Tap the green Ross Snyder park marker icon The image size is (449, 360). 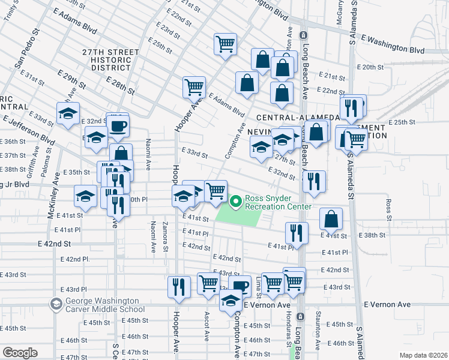tap(236, 202)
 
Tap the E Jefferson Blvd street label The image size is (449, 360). tap(28, 132)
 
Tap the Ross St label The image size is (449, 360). tap(389, 209)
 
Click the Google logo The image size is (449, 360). tap(20, 352)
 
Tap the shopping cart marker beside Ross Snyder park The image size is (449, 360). tap(215, 192)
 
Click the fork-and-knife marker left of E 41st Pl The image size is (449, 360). tap(297, 233)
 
